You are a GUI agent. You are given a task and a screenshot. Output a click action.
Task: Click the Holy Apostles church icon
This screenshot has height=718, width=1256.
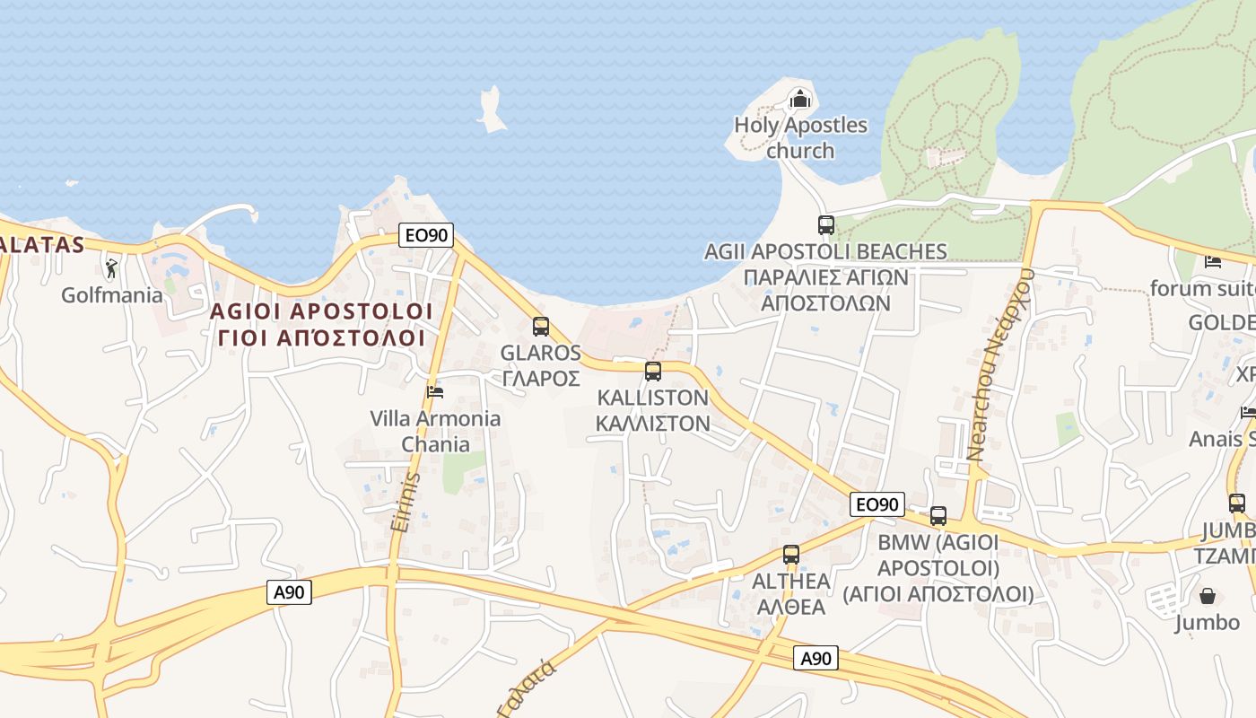pos(799,98)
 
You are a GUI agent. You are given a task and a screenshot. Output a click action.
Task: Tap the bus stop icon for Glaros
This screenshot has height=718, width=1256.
pos(540,327)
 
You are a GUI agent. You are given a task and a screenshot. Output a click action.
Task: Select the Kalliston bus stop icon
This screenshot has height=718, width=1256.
pos(653,371)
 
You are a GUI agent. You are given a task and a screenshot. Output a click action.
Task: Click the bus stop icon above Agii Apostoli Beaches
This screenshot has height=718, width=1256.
pos(825,225)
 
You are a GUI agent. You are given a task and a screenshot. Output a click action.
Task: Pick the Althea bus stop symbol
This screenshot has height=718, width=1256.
pos(790,555)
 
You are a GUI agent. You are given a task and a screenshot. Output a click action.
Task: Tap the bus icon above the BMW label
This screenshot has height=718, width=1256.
pos(938,516)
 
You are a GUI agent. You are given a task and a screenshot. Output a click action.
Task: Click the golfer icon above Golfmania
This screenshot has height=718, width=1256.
pos(111,268)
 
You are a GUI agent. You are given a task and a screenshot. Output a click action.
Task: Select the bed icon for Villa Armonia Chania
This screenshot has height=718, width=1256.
pos(435,391)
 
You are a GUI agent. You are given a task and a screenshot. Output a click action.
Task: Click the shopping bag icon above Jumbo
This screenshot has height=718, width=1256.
pos(1208,596)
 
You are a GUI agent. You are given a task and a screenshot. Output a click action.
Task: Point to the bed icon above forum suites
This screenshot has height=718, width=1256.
pos(1213,262)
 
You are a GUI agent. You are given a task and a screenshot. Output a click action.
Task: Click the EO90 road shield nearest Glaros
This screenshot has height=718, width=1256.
pos(427,236)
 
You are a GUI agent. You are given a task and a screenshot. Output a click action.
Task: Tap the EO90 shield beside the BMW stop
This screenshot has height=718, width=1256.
pos(877,504)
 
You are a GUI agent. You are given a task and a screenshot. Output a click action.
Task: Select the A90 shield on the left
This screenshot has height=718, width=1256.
pos(289,592)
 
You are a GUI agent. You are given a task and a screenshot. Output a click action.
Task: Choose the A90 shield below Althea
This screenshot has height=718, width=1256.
pos(816,659)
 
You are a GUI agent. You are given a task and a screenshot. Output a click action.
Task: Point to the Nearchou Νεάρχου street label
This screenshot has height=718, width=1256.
pos(1001,363)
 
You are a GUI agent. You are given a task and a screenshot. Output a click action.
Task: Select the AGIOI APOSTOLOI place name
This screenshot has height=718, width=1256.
pos(321,311)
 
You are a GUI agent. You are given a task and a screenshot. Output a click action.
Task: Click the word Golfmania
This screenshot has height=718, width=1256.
pos(112,294)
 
